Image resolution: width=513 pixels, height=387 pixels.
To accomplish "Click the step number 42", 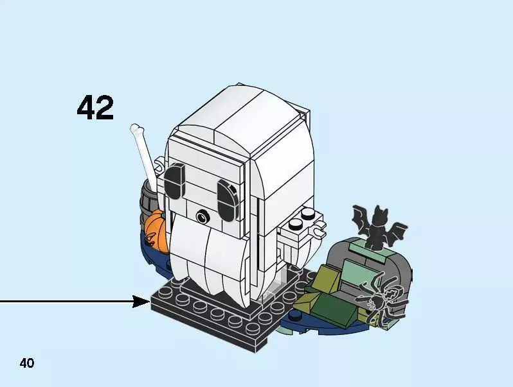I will click(x=95, y=108).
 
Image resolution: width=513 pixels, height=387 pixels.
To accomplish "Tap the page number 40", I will click(x=26, y=363).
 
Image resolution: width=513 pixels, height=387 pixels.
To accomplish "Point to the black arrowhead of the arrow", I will click(x=141, y=301).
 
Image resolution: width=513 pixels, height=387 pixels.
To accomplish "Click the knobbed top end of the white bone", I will click(x=136, y=130).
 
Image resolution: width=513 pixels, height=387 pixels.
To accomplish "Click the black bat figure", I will click(x=375, y=228).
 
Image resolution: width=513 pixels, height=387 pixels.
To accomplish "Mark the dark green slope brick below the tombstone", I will click(x=335, y=309).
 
